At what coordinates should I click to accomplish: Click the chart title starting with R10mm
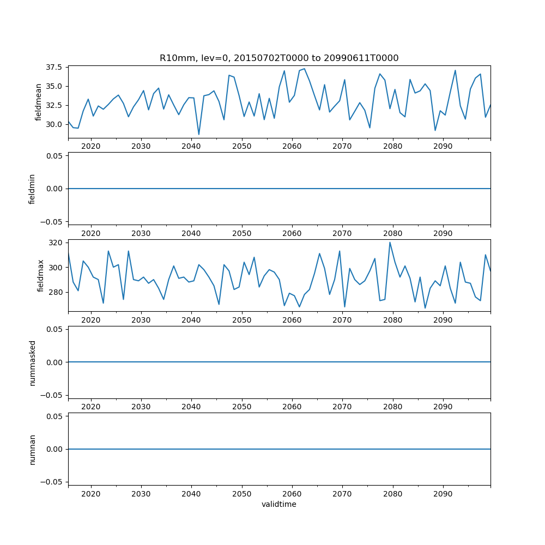click(x=279, y=58)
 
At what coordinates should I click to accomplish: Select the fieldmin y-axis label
click(x=32, y=189)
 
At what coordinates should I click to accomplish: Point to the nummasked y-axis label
click(x=32, y=362)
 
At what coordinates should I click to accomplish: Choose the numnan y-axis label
click(x=32, y=449)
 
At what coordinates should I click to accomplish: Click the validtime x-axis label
click(x=279, y=505)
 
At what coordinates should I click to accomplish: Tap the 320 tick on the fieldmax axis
click(x=57, y=242)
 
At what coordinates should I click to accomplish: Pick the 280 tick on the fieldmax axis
click(x=57, y=292)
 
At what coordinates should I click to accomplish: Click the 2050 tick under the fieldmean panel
click(x=241, y=146)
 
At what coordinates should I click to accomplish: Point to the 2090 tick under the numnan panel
click(x=443, y=494)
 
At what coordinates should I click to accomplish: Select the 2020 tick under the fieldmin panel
click(x=90, y=233)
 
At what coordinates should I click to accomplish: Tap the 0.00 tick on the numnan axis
click(x=54, y=449)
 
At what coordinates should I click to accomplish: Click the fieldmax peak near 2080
click(x=390, y=243)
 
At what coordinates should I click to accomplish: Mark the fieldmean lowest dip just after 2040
click(x=199, y=134)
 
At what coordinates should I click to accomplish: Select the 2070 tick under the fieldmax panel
click(x=342, y=320)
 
